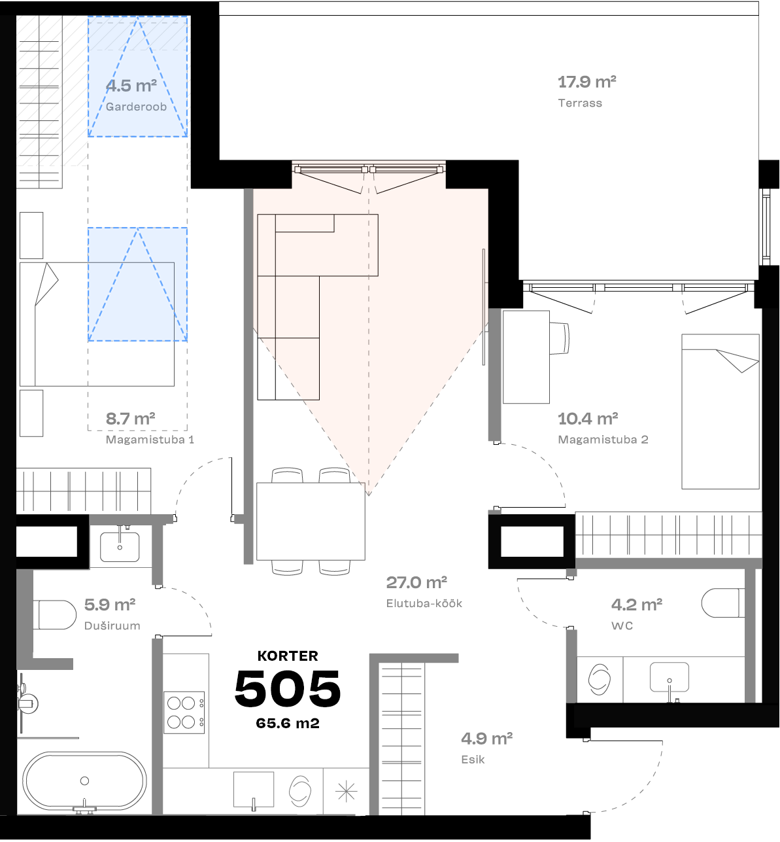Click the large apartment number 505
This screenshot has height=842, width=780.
[x=288, y=689]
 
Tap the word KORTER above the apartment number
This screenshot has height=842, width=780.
[x=288, y=656]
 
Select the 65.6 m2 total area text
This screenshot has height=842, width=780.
[x=288, y=724]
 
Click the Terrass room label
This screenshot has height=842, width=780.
[x=580, y=103]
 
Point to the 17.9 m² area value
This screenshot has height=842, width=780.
[x=586, y=82]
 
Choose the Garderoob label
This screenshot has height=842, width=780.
[x=136, y=107]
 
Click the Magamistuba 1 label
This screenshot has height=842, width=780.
[x=150, y=440]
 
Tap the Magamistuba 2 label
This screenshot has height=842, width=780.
[x=603, y=440]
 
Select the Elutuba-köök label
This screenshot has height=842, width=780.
[x=424, y=603]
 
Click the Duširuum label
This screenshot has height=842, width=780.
[x=112, y=625]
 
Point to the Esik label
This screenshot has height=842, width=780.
[x=473, y=760]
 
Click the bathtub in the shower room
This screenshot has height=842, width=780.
[x=84, y=781]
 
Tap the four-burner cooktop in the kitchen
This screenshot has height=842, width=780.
[x=184, y=712]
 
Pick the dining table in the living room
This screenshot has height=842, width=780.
[x=311, y=521]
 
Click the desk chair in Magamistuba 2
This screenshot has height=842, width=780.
[x=560, y=337]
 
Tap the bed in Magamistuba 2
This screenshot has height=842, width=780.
[x=721, y=412]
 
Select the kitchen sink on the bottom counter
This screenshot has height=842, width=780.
[x=254, y=790]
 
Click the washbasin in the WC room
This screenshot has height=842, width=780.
[x=669, y=677]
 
